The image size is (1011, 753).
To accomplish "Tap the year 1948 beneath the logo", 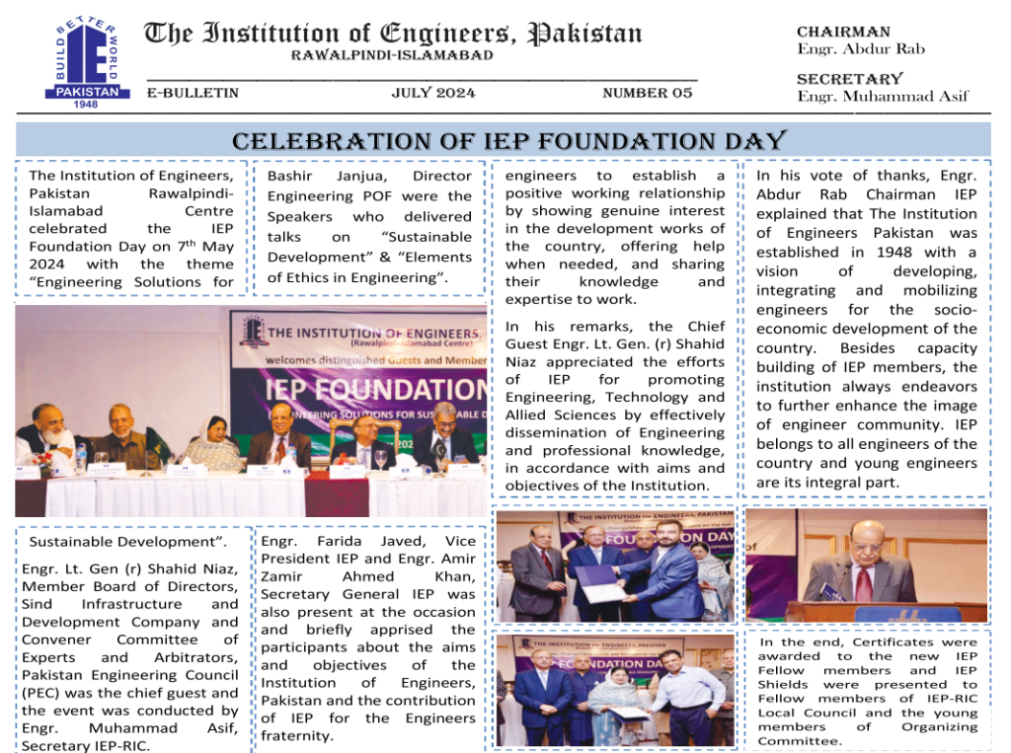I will [87, 104].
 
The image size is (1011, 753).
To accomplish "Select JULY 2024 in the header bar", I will [433, 93].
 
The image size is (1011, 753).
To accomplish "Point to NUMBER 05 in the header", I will [648, 93].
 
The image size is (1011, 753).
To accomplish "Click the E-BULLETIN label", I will [193, 93].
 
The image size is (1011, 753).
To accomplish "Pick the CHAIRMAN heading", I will [843, 33].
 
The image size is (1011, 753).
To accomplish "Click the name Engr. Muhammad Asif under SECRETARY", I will [883, 96].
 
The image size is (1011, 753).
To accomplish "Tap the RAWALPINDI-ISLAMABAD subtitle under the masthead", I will [392, 55].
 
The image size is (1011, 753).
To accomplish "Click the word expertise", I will [539, 300].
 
